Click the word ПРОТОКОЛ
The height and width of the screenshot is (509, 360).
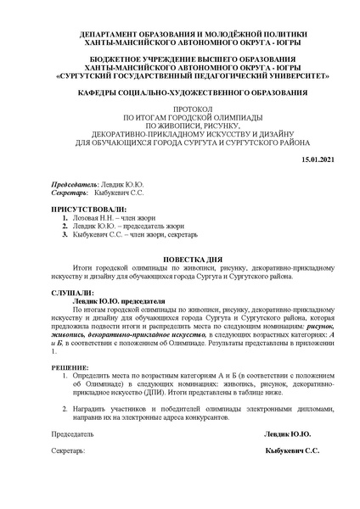point(182,110)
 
